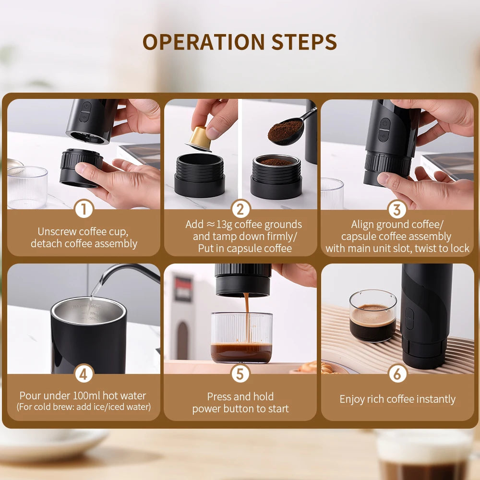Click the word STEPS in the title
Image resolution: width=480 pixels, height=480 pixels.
click(304, 42)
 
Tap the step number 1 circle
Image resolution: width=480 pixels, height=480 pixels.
click(84, 209)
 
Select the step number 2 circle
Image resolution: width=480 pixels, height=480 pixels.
click(240, 209)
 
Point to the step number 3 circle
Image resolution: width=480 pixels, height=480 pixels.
click(397, 209)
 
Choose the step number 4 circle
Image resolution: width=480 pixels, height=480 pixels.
click(84, 374)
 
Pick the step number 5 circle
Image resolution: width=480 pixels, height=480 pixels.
click(240, 374)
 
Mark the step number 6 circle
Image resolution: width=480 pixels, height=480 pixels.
click(397, 374)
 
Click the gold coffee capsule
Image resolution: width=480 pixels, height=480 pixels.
click(198, 138)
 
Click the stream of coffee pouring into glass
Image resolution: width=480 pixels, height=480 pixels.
click(247, 317)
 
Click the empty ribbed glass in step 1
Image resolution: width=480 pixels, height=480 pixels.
click(27, 187)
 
